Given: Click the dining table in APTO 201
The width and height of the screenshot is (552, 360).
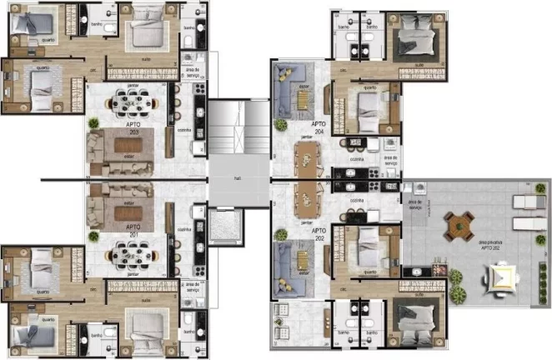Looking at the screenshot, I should pyautogui.click(x=133, y=251).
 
